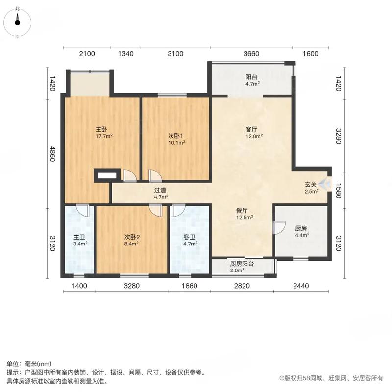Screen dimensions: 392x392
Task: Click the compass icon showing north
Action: pos(18,20)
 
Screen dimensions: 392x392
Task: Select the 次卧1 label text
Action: pos(176,136)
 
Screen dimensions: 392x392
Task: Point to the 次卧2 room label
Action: pos(131,236)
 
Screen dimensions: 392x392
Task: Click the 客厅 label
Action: pos(252,130)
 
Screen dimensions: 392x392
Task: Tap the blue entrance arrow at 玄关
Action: pos(324,183)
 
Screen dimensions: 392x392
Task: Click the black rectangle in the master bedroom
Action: pos(107,175)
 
